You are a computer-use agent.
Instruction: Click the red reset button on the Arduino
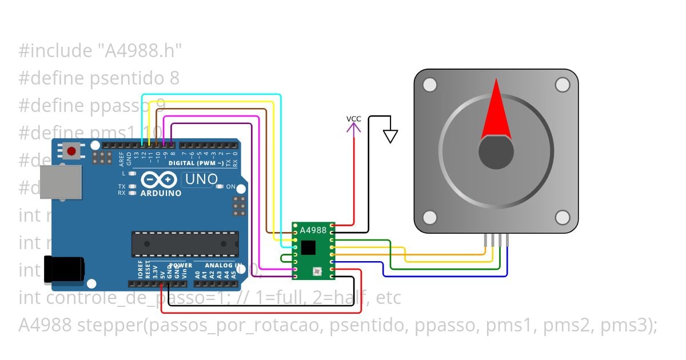(71, 151)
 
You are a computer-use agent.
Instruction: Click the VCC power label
(354, 119)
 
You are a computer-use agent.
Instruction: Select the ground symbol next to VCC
(390, 136)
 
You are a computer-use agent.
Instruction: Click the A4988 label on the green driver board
(313, 230)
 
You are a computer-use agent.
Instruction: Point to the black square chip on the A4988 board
(308, 247)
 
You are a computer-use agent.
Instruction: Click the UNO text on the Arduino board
(200, 179)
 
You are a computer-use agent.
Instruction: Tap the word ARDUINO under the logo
(161, 193)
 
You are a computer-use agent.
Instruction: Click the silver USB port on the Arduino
(61, 182)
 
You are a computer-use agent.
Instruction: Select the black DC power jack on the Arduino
(64, 269)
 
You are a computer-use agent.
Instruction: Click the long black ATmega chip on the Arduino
(185, 244)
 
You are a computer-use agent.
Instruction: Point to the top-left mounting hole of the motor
(429, 85)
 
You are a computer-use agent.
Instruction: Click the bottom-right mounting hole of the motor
(563, 217)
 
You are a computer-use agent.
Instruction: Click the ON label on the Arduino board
(230, 187)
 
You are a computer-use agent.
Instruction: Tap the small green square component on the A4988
(316, 270)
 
